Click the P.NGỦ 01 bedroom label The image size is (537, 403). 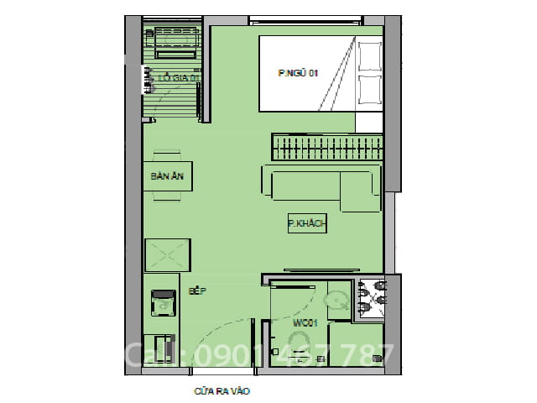click(x=299, y=74)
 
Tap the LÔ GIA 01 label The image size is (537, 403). click(x=178, y=79)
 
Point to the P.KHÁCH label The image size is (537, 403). click(x=306, y=223)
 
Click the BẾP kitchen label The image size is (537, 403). click(x=197, y=291)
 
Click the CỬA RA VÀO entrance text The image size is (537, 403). click(x=222, y=391)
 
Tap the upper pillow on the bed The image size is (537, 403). click(x=370, y=57)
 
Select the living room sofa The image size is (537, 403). click(x=320, y=186)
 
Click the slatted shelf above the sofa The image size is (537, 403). click(x=327, y=148)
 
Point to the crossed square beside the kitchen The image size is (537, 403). click(x=168, y=254)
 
